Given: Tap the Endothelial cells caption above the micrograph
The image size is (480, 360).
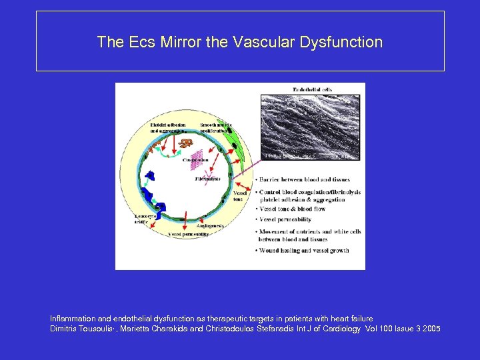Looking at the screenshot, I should (313, 89).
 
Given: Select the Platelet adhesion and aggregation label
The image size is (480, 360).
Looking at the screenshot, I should (167, 127).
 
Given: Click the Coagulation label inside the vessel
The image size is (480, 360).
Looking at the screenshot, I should (195, 160).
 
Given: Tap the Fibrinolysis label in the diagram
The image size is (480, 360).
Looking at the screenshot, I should (207, 179).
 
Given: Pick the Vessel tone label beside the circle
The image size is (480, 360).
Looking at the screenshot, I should (239, 196).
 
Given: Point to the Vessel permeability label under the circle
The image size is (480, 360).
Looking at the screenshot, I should (188, 235).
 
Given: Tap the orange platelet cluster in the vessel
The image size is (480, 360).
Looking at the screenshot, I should (185, 143).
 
